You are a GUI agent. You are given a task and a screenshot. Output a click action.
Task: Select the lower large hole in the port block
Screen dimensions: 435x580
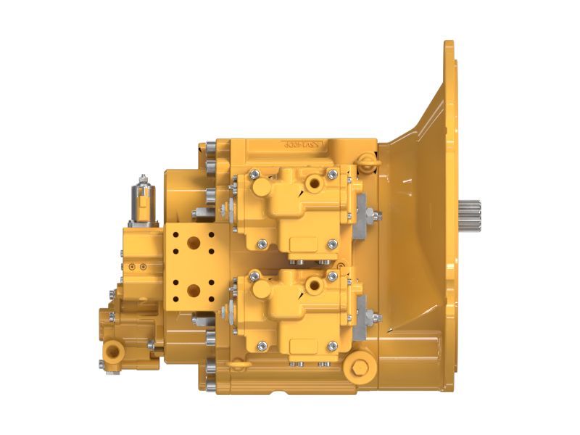[x=194, y=291]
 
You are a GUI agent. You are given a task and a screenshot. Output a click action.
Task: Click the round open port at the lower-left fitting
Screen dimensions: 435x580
[x=114, y=351]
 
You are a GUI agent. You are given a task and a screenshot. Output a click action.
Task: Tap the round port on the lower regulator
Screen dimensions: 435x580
[x=314, y=285]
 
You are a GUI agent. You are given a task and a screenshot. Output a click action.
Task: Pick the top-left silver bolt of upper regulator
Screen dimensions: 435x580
[x=253, y=174]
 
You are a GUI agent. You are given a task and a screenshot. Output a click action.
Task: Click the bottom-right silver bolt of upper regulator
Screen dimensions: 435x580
[x=331, y=244]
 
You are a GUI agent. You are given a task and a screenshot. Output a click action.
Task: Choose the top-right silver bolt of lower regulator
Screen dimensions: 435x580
[x=331, y=275]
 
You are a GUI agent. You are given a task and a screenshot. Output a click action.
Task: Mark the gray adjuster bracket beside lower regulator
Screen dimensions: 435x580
[x=363, y=316]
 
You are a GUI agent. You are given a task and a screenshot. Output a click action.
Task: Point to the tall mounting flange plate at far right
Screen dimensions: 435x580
[x=449, y=145]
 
